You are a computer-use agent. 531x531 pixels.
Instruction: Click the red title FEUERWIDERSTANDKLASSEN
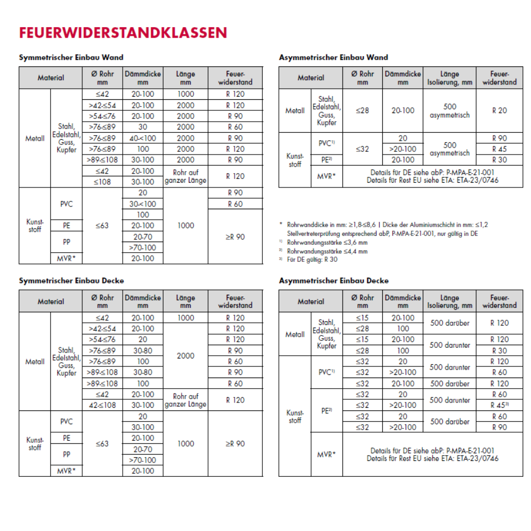coord(123,33)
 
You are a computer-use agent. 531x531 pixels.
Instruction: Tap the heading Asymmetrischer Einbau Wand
coord(333,57)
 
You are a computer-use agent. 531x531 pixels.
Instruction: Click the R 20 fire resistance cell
coord(499,110)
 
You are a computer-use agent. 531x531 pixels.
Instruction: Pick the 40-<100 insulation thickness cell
coord(143,138)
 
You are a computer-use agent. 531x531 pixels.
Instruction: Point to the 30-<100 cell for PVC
coord(143,204)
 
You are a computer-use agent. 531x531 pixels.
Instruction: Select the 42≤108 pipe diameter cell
coord(102,405)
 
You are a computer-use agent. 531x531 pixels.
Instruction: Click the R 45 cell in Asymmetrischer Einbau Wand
coord(499,149)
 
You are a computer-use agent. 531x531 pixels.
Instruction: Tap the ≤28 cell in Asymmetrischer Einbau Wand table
coord(363,110)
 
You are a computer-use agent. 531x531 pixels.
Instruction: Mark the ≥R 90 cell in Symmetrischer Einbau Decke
coord(235,443)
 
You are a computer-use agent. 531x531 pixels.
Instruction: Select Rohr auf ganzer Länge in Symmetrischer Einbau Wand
coord(185,176)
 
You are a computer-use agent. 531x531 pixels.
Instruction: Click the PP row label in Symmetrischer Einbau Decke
coord(67,455)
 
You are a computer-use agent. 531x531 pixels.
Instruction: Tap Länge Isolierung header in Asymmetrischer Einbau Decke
coord(449,302)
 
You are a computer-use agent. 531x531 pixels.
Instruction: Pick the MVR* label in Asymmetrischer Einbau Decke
coord(326,455)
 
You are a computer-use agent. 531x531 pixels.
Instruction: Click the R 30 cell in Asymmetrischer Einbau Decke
coord(499,350)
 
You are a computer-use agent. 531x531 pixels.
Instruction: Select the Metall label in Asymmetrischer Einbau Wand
coord(295,110)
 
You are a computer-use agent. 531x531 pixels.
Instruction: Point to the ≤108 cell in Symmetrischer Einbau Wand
coord(102,182)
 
